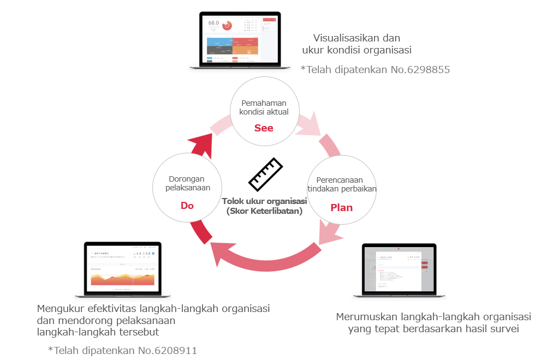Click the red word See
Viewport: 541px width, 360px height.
pyautogui.click(x=264, y=128)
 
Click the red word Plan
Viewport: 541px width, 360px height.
pyautogui.click(x=341, y=208)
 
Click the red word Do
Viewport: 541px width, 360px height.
pyautogui.click(x=187, y=206)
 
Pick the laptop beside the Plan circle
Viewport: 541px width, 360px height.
pyautogui.click(x=400, y=269)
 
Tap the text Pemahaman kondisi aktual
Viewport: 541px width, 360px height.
pyautogui.click(x=264, y=107)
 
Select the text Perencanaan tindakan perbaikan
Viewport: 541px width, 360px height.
pyautogui.click(x=342, y=184)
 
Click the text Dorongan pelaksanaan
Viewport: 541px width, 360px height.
pyautogui.click(x=187, y=183)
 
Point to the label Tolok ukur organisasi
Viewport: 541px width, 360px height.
pyautogui.click(x=264, y=201)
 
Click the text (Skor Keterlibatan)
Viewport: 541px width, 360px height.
pyautogui.click(x=264, y=211)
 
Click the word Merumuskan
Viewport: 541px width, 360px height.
pyautogui.click(x=366, y=317)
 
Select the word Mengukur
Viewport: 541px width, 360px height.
pyautogui.click(x=58, y=308)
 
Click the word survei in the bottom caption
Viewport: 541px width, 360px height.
pyautogui.click(x=503, y=329)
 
